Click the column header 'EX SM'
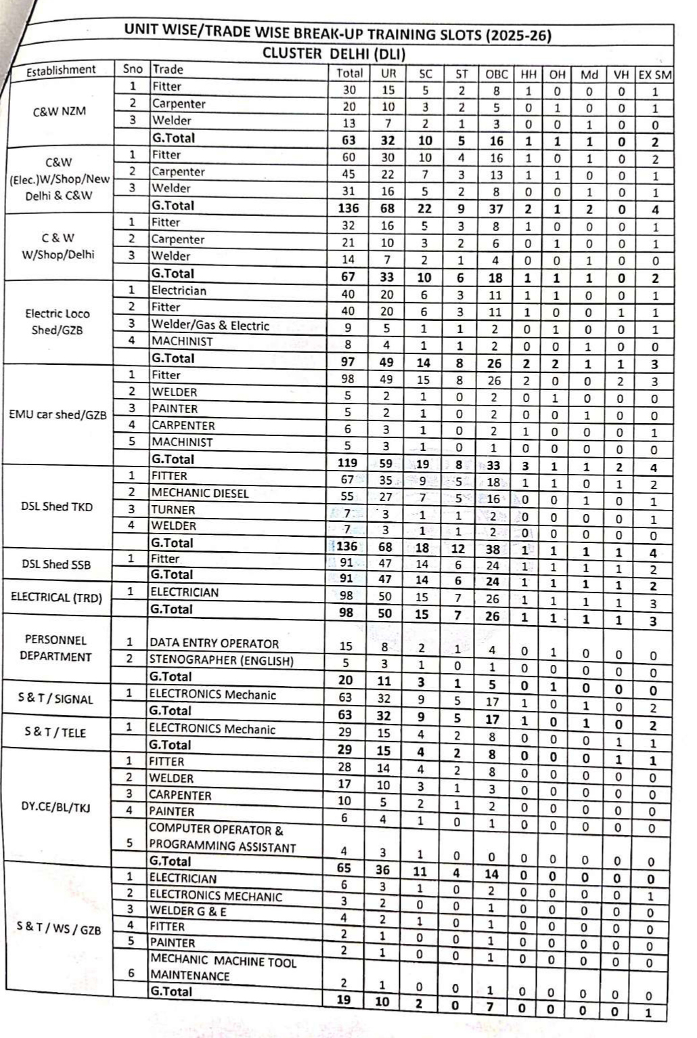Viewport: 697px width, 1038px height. (x=654, y=74)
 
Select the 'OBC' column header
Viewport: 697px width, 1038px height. (x=497, y=74)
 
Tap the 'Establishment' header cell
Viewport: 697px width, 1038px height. (x=61, y=70)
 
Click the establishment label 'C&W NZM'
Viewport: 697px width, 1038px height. (x=60, y=111)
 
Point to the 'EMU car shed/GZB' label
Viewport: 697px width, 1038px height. (x=58, y=414)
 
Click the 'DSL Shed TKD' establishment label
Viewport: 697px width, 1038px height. (x=57, y=506)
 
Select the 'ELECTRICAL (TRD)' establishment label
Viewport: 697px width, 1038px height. (x=56, y=597)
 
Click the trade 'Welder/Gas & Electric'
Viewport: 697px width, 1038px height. (x=210, y=325)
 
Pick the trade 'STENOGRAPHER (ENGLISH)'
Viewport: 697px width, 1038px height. (x=221, y=660)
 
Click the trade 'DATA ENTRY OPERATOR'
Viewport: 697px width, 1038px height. (x=214, y=643)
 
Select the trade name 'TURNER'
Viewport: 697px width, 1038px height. (x=173, y=509)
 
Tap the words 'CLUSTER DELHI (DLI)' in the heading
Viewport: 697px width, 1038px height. (x=334, y=53)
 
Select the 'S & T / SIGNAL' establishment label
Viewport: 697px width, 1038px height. (x=55, y=699)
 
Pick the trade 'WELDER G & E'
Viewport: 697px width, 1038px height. (x=187, y=911)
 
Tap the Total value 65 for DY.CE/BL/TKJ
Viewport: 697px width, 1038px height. (x=344, y=868)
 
